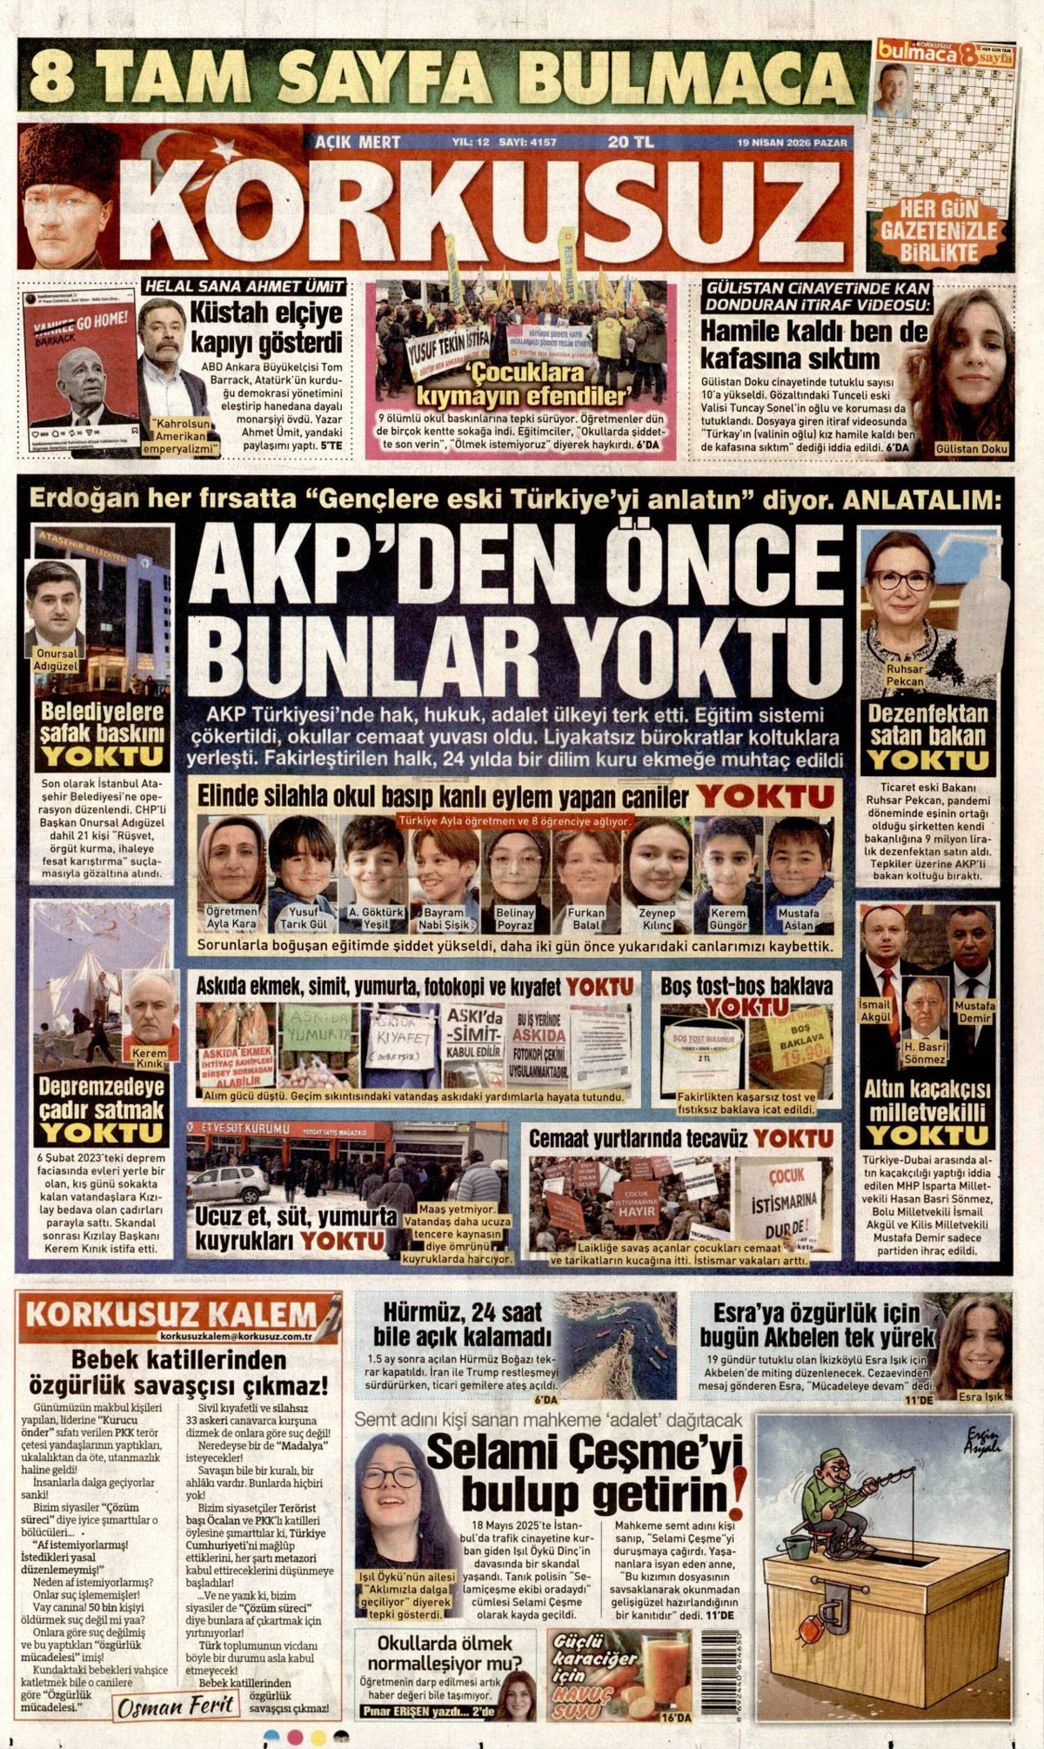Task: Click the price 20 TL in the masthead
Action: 631,142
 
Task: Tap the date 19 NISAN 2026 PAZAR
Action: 792,143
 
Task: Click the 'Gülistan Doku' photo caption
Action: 971,449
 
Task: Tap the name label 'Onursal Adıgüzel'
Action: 56,659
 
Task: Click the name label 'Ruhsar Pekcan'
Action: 905,675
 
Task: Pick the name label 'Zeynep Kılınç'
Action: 657,919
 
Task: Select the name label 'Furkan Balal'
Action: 586,919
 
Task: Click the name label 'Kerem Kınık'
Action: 149,1059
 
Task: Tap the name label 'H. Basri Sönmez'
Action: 924,1054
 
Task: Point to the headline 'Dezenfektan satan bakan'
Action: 927,725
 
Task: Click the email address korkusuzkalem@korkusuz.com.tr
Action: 236,1336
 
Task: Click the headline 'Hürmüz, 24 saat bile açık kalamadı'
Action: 463,1324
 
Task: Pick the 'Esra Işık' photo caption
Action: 980,1397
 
